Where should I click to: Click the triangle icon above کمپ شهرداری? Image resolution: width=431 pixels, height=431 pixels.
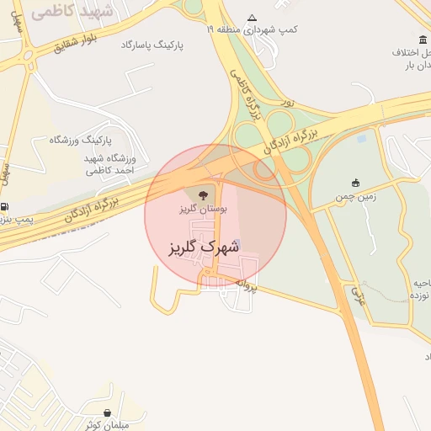click(252, 18)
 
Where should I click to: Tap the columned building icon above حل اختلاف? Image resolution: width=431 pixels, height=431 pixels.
click(422, 40)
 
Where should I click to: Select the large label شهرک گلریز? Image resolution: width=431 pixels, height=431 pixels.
click(199, 247)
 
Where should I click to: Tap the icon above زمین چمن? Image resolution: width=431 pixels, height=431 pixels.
click(356, 183)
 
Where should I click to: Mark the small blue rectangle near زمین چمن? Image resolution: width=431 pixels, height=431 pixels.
click(362, 138)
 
